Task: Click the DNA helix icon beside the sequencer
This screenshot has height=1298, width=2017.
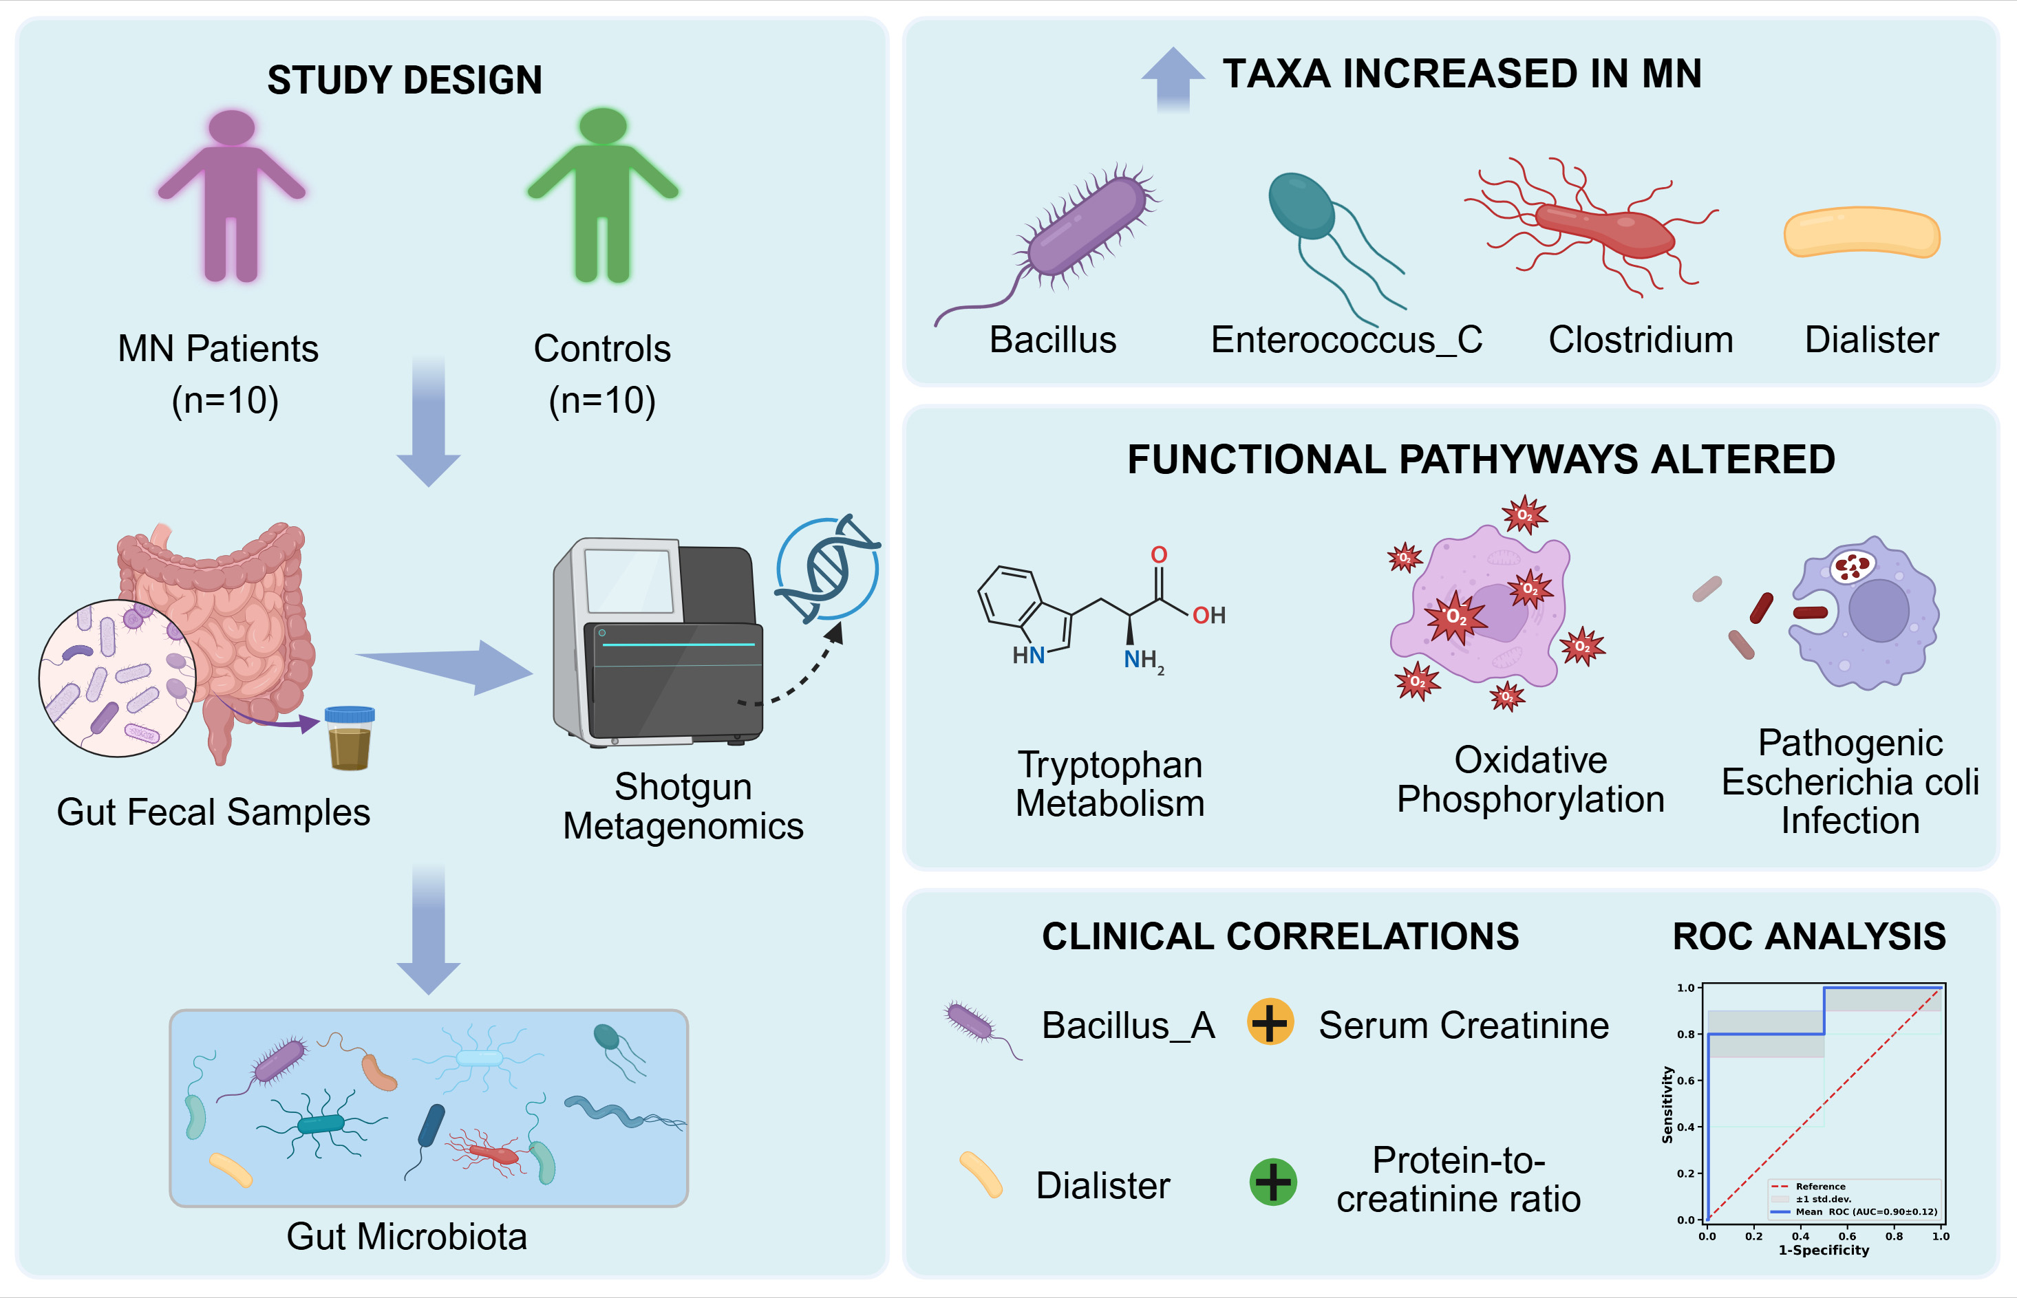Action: pos(827,569)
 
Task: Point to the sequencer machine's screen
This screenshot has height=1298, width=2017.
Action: pos(629,581)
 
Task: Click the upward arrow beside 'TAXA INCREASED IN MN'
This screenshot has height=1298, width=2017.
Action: pos(1173,78)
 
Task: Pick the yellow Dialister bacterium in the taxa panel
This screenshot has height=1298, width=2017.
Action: pos(1861,232)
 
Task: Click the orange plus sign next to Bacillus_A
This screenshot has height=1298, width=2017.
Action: pos(1270,1021)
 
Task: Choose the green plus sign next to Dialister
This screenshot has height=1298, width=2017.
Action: pos(1272,1182)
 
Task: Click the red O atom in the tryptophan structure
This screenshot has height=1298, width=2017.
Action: pos(1160,555)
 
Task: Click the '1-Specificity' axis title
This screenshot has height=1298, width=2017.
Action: pos(1824,1250)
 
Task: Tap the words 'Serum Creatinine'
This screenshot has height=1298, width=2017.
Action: pos(1464,1026)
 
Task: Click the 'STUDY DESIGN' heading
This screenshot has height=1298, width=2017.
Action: pos(405,80)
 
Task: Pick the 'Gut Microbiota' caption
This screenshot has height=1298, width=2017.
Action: pos(407,1237)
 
